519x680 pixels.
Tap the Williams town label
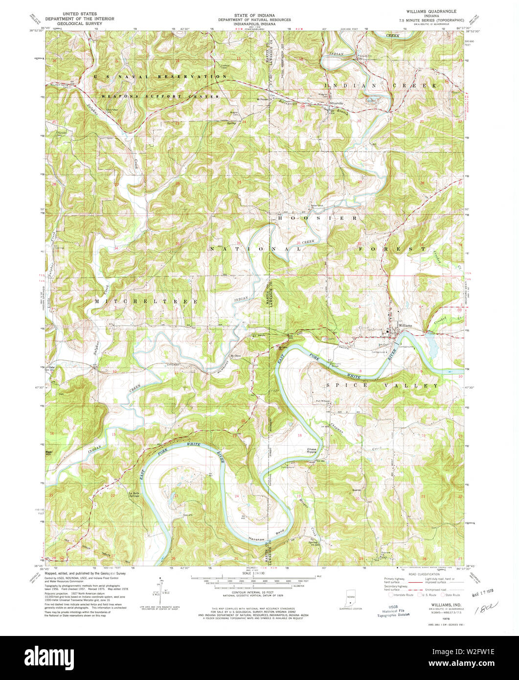click(x=406, y=325)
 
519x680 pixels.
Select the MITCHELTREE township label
click(x=147, y=302)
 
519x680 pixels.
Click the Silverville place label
click(x=337, y=104)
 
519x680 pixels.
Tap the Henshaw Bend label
click(x=260, y=538)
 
